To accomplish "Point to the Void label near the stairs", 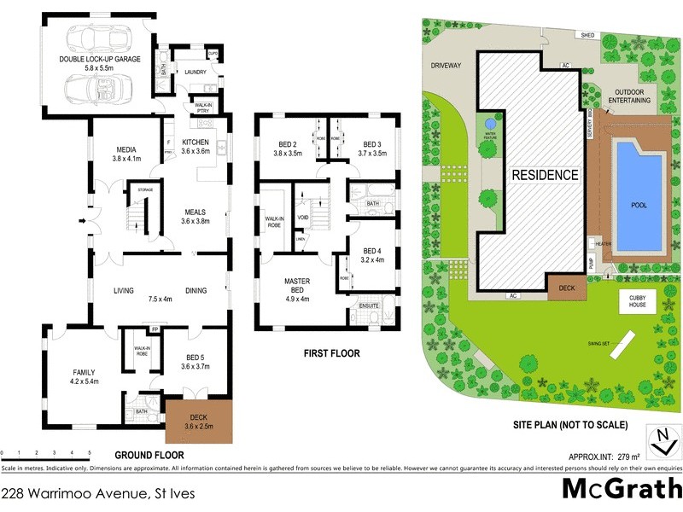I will tap(303, 218).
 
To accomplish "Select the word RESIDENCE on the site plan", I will tap(545, 175).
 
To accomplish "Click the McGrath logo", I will tap(621, 489).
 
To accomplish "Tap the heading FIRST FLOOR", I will tap(331, 353).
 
